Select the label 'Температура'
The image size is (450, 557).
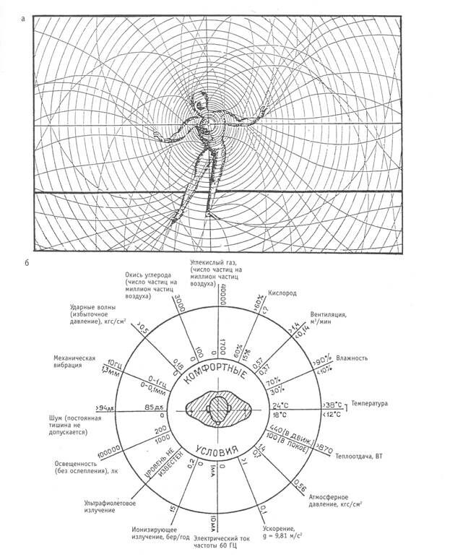point(370,402)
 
